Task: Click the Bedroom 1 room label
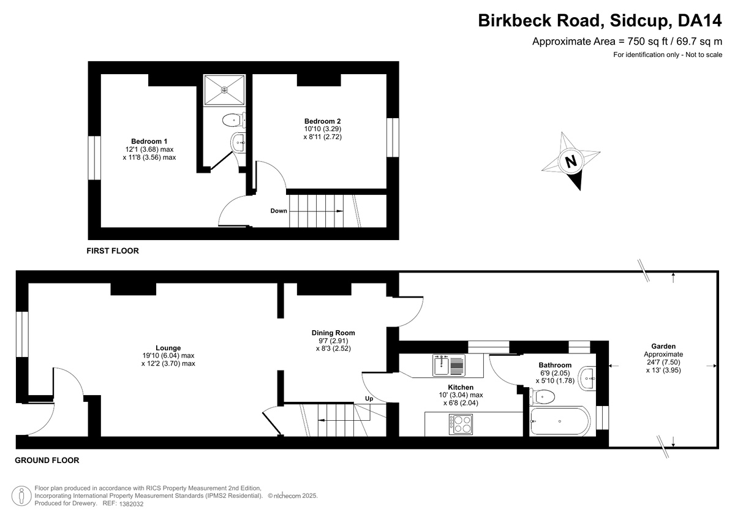149,141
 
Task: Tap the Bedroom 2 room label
322,121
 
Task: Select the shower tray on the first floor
224,89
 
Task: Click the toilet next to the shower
234,121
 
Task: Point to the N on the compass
571,162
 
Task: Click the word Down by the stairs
279,211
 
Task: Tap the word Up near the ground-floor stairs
369,399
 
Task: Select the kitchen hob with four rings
461,424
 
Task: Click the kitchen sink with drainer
449,365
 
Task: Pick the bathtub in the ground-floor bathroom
560,421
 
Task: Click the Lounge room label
168,348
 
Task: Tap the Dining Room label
333,333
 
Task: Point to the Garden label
663,346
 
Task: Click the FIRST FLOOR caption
113,251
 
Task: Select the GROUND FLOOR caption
47,461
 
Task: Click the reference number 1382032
131,504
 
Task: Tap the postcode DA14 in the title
699,20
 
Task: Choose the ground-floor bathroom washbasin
587,379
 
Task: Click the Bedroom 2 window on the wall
393,137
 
